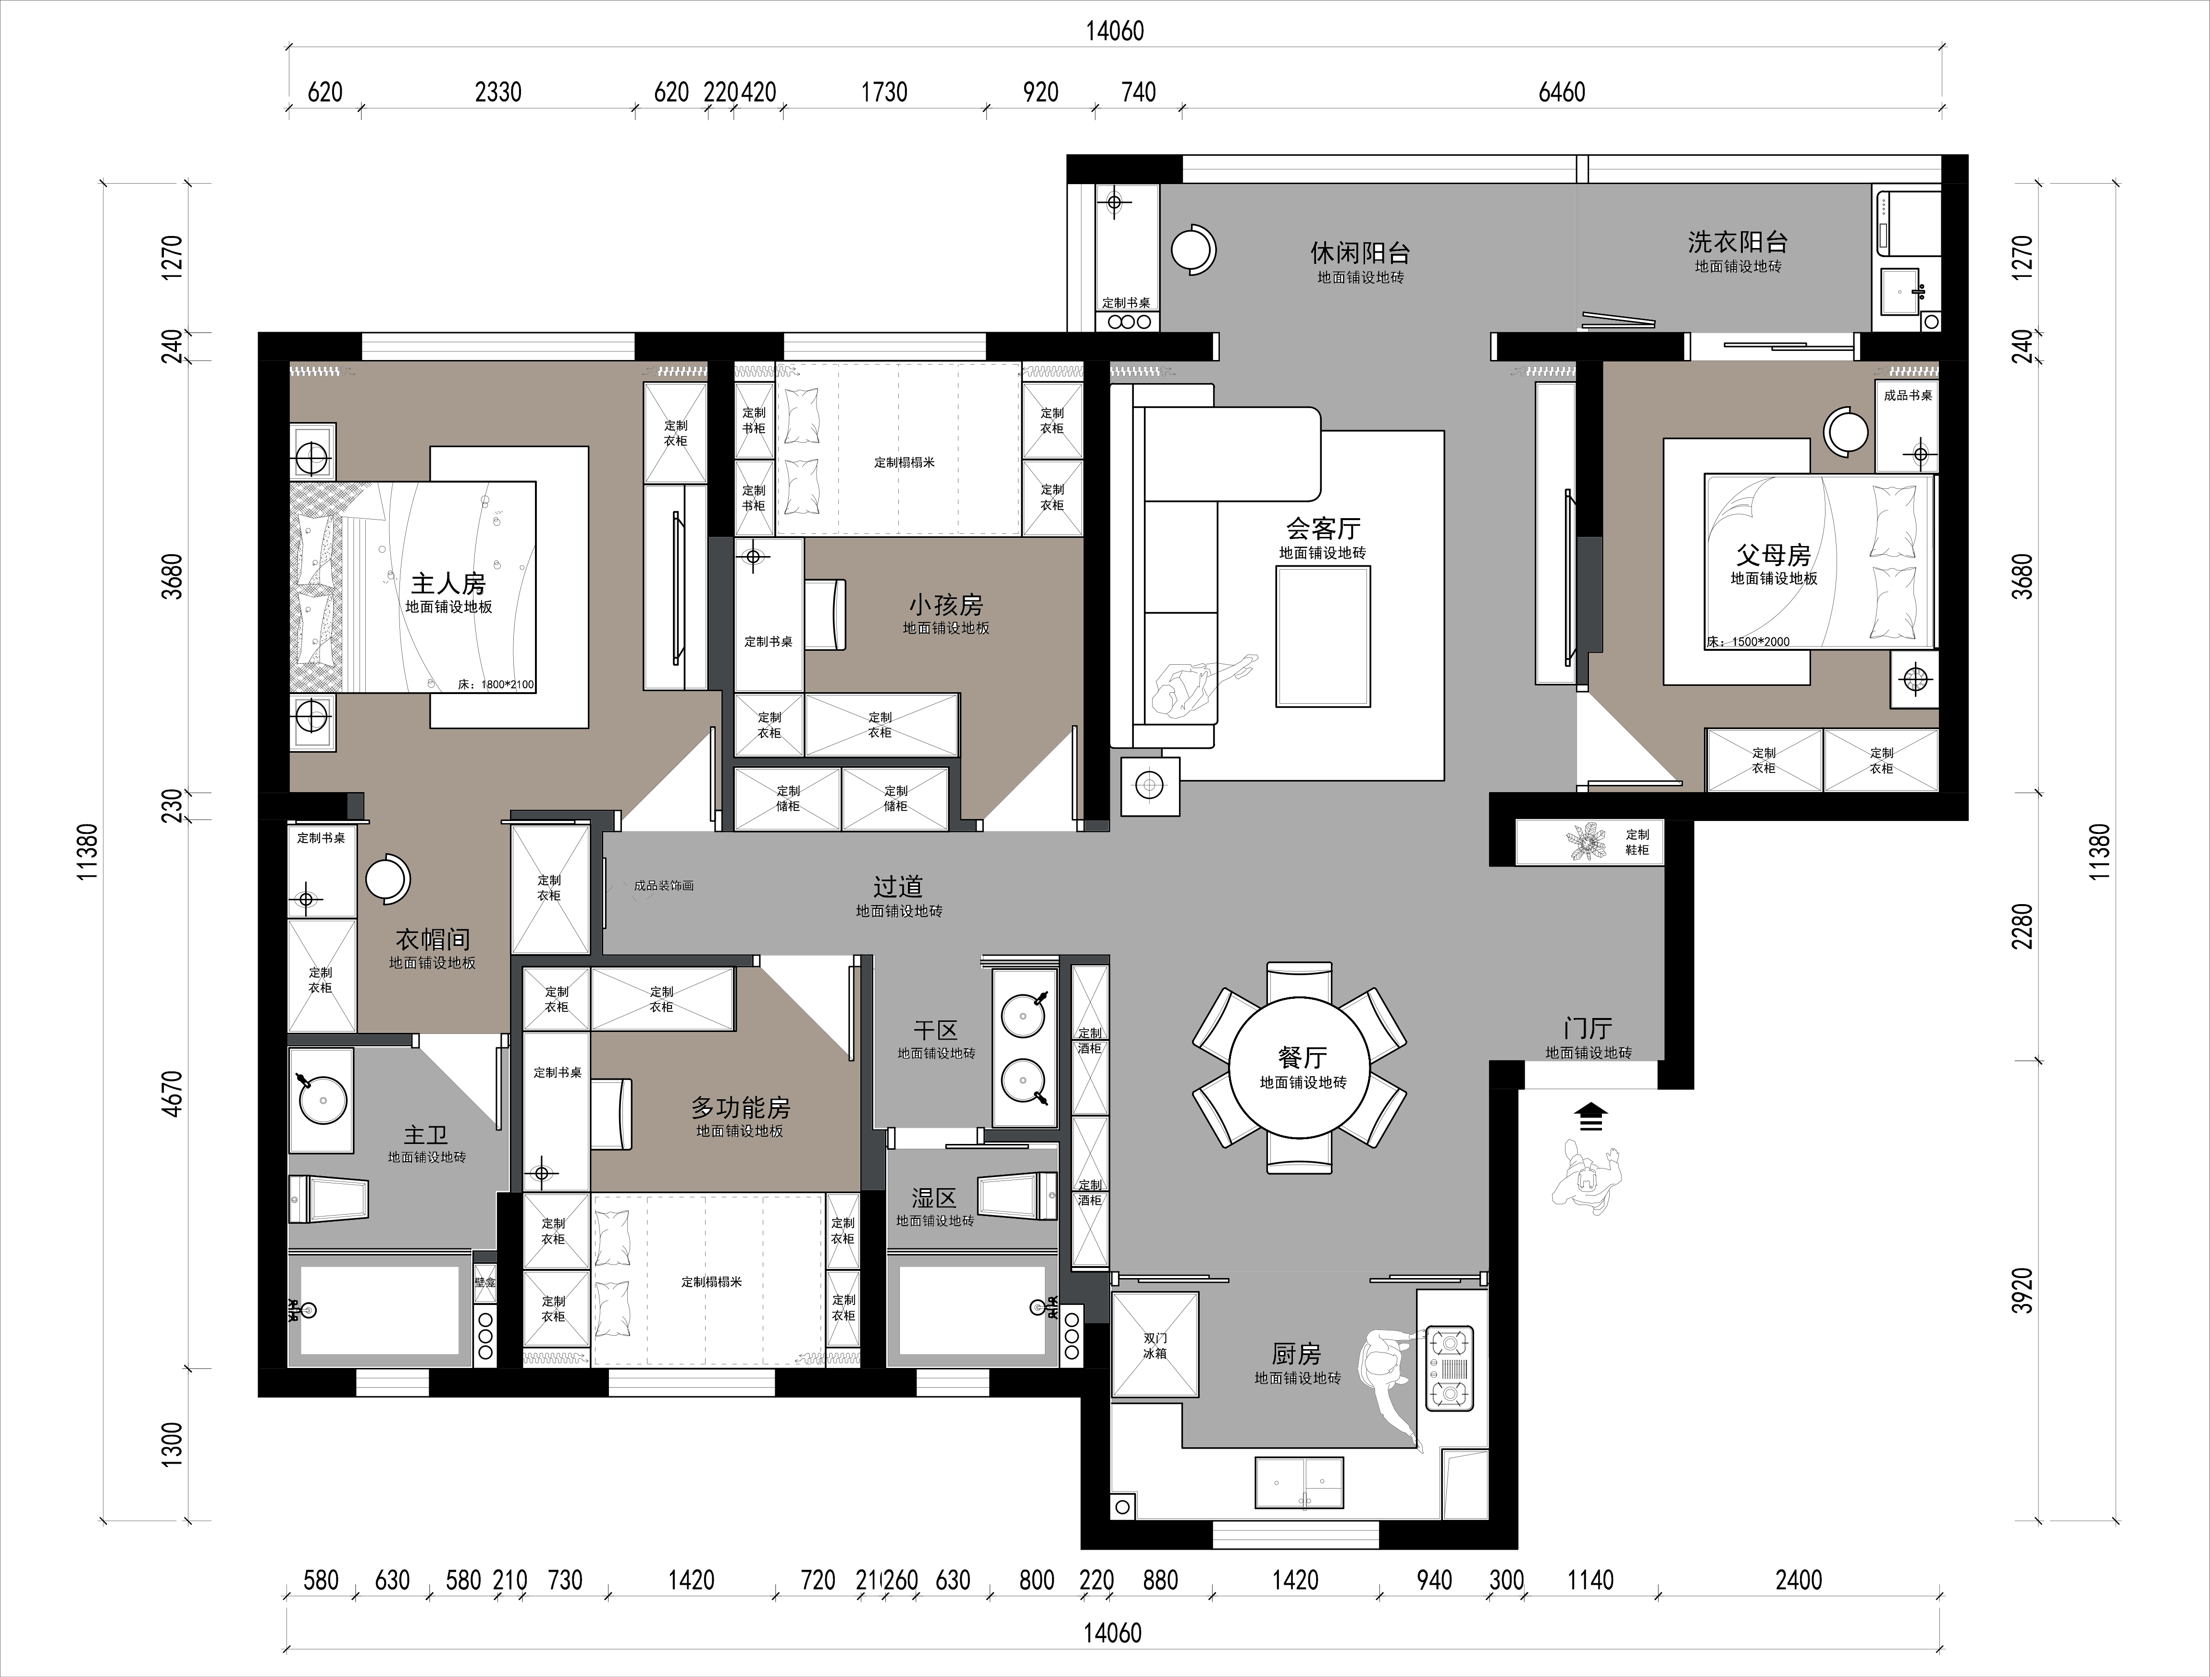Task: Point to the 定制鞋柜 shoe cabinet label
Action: tap(1637, 842)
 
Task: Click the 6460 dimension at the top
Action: tap(1562, 92)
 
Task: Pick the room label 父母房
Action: tap(1774, 555)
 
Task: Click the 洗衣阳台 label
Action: tap(1738, 242)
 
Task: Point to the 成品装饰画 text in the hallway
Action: tap(663, 885)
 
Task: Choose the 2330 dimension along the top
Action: tap(497, 92)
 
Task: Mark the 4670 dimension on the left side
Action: tap(173, 1093)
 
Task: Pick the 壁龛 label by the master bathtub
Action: tap(484, 1281)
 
